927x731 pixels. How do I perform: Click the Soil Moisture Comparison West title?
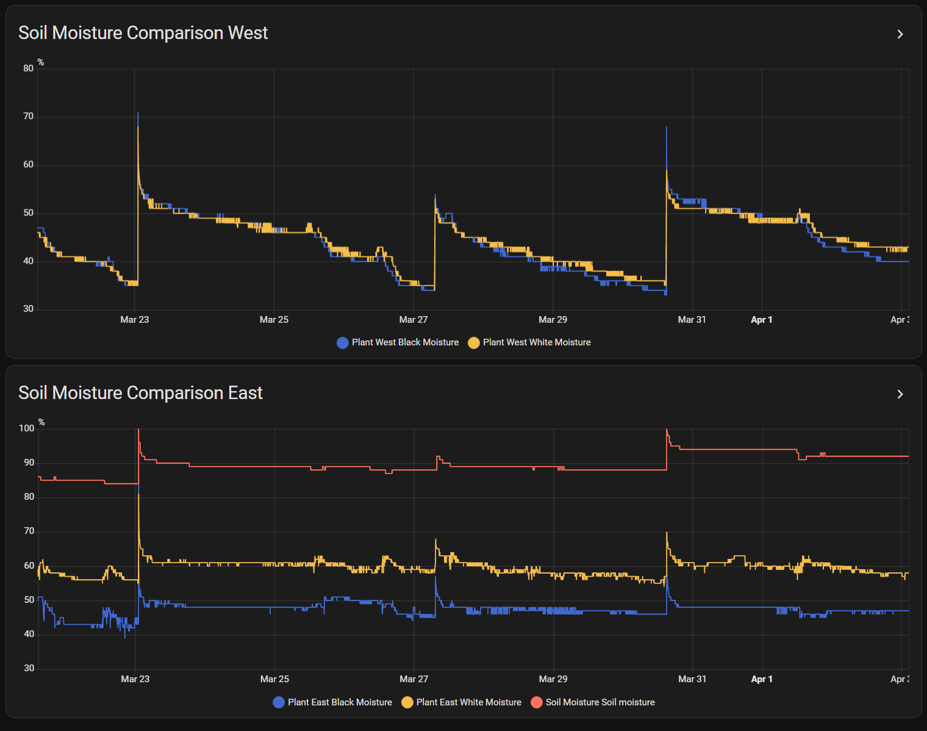pyautogui.click(x=143, y=33)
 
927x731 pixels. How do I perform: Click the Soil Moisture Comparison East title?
pyautogui.click(x=140, y=393)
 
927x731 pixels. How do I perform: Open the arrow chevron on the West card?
pyautogui.click(x=900, y=34)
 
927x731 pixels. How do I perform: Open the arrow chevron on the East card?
pyautogui.click(x=900, y=394)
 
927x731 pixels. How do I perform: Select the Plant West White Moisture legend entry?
pyautogui.click(x=529, y=342)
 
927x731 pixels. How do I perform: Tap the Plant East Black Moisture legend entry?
pyautogui.click(x=332, y=702)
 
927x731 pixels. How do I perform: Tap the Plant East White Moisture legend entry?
pyautogui.click(x=462, y=702)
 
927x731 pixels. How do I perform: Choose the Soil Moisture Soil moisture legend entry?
pyautogui.click(x=593, y=702)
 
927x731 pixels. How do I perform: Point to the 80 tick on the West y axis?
pyautogui.click(x=29, y=68)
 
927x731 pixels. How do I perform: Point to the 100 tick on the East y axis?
pyautogui.click(x=27, y=428)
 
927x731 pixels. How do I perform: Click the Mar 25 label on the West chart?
pyautogui.click(x=274, y=320)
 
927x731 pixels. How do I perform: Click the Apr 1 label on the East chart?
pyautogui.click(x=762, y=679)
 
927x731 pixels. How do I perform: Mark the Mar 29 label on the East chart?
pyautogui.click(x=553, y=679)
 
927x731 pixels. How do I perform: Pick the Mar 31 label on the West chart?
pyautogui.click(x=692, y=320)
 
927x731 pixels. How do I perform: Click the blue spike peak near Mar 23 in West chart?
pyautogui.click(x=138, y=113)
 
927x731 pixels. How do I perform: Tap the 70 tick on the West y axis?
pyautogui.click(x=29, y=117)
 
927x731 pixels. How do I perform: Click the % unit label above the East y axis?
pyautogui.click(x=41, y=422)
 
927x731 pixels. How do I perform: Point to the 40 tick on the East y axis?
pyautogui.click(x=29, y=634)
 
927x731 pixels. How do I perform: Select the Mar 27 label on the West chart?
pyautogui.click(x=413, y=320)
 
